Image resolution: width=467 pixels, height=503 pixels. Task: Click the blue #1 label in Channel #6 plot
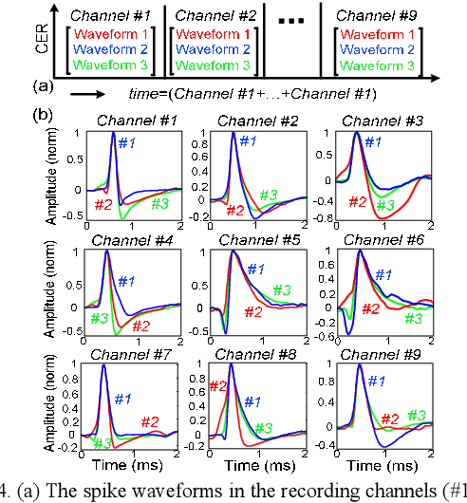(x=381, y=274)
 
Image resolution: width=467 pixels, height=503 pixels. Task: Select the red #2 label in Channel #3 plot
(x=357, y=201)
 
